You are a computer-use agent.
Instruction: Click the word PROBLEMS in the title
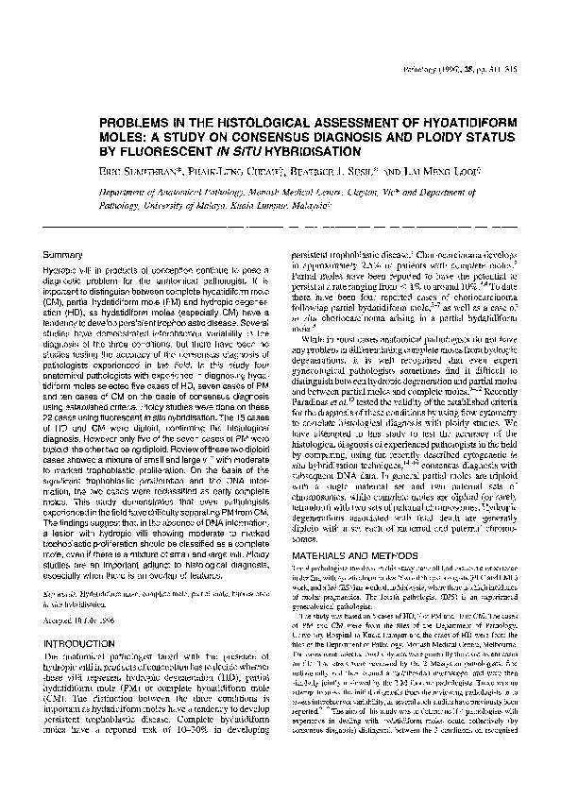[135, 124]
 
